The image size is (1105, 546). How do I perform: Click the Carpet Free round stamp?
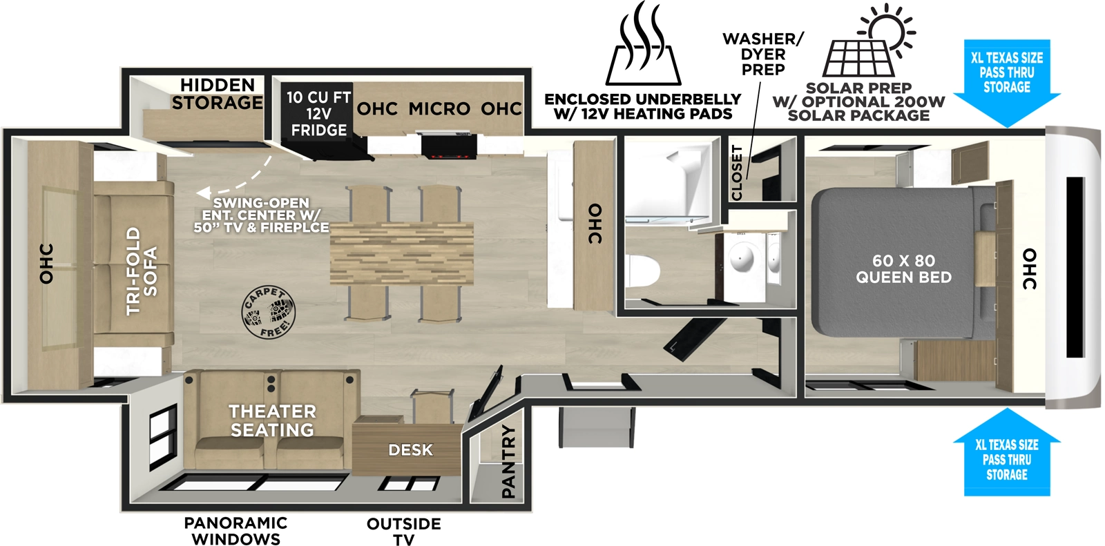tap(268, 313)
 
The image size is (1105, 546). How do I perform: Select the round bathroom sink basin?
tap(742, 259)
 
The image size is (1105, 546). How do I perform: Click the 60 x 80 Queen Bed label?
tap(903, 269)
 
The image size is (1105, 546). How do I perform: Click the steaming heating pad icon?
tap(643, 46)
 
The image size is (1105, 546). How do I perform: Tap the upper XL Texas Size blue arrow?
tap(1007, 81)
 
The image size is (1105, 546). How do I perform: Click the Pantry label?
tap(508, 461)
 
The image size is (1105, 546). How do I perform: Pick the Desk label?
tap(410, 450)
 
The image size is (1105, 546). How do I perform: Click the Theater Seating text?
tap(272, 420)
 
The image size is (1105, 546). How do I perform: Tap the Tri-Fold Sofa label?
tap(142, 271)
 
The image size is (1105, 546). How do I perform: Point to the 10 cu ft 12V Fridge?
tap(318, 114)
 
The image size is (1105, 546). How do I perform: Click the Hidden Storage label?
tap(218, 94)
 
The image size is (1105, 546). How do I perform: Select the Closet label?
tap(737, 173)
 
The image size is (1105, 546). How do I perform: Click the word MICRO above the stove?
tap(439, 109)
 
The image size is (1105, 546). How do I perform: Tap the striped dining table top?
tap(401, 253)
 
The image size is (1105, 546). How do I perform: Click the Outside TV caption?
tap(404, 531)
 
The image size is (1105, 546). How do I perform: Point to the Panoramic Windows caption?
tap(236, 531)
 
